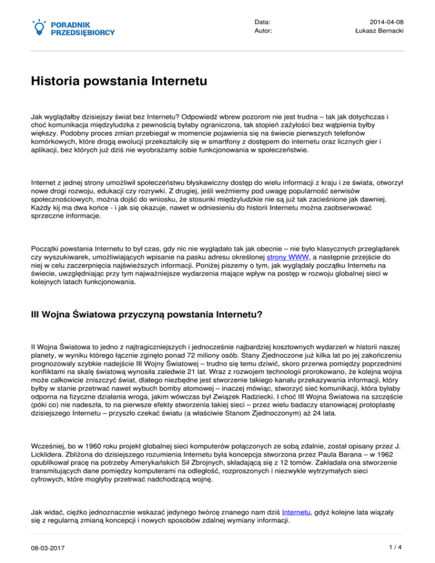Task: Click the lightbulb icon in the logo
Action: pos(39,26)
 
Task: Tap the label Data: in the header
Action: pos(262,22)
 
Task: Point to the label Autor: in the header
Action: pos(263,31)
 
